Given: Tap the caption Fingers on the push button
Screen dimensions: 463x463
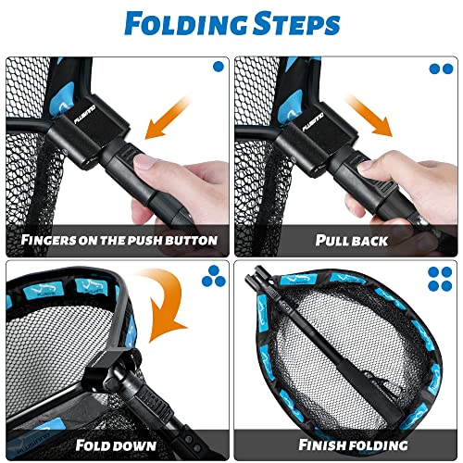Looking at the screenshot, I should pyautogui.click(x=118, y=241).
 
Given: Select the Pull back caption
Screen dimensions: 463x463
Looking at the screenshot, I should pyautogui.click(x=348, y=241).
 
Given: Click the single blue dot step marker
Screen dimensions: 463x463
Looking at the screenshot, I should pyautogui.click(x=218, y=68).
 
